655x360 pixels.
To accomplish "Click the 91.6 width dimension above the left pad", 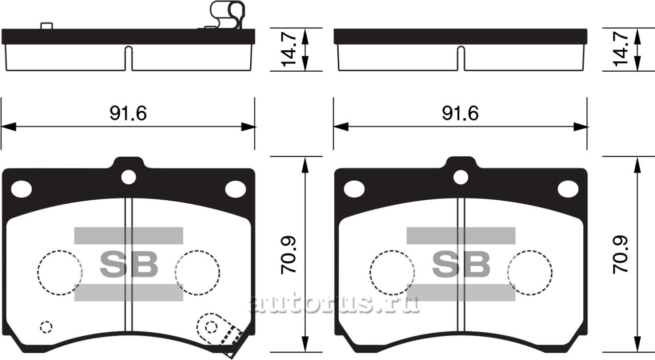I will (x=128, y=114).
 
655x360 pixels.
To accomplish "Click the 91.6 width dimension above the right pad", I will (x=460, y=114).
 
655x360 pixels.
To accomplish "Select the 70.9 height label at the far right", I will (x=621, y=254).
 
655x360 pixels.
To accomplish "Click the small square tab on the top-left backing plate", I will (x=47, y=26).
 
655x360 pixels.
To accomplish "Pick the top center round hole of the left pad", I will (x=128, y=177).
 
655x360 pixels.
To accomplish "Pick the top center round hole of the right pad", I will (x=461, y=177).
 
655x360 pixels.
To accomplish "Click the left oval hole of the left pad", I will (x=21, y=189).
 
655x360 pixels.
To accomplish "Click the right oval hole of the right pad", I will (x=568, y=189).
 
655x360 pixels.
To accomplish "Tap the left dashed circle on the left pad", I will (x=60, y=272).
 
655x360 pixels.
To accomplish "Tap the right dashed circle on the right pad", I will (x=530, y=272).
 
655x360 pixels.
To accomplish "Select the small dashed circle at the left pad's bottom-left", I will (x=46, y=327).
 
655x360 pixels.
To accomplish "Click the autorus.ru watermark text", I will (x=334, y=303).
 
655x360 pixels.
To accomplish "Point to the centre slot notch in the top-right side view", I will (x=461, y=58).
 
